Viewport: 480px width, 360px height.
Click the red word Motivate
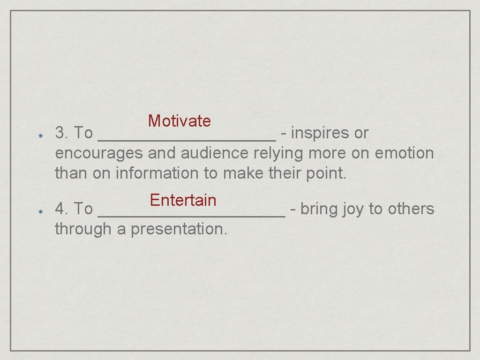(180, 121)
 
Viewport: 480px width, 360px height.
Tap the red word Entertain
(183, 200)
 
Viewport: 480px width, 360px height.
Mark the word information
(157, 173)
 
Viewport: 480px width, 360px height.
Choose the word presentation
(179, 229)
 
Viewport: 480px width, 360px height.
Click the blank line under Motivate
(187, 139)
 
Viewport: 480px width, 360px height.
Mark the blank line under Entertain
(191, 215)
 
